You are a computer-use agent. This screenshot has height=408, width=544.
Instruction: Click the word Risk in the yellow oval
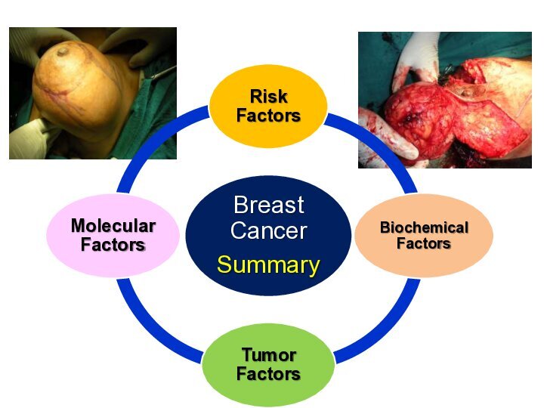tap(269, 96)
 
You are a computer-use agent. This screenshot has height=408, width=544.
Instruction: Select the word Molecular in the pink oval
tap(113, 225)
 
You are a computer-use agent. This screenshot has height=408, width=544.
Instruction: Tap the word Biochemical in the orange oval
tap(425, 227)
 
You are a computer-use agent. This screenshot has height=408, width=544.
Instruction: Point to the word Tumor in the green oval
tap(269, 355)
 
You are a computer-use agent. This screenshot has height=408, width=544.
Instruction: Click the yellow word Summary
tap(268, 264)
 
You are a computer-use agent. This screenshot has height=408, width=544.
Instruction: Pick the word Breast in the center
tap(269, 205)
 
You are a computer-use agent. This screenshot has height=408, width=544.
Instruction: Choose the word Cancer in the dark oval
tap(269, 230)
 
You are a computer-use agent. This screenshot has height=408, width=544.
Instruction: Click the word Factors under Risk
tap(268, 115)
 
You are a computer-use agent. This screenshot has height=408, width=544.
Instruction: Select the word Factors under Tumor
tap(268, 374)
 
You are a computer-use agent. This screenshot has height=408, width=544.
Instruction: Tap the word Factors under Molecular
tap(113, 244)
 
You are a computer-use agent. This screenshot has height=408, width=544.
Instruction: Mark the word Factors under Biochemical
tap(424, 243)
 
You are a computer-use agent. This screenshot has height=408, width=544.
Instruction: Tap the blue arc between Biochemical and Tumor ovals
tap(385, 328)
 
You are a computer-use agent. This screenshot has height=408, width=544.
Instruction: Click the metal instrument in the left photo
tap(162, 73)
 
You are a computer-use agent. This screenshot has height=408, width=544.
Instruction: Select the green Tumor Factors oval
tap(268, 365)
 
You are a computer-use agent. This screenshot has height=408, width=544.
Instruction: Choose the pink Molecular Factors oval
tap(113, 235)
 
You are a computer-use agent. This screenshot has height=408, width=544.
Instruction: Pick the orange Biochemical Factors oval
tap(424, 235)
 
